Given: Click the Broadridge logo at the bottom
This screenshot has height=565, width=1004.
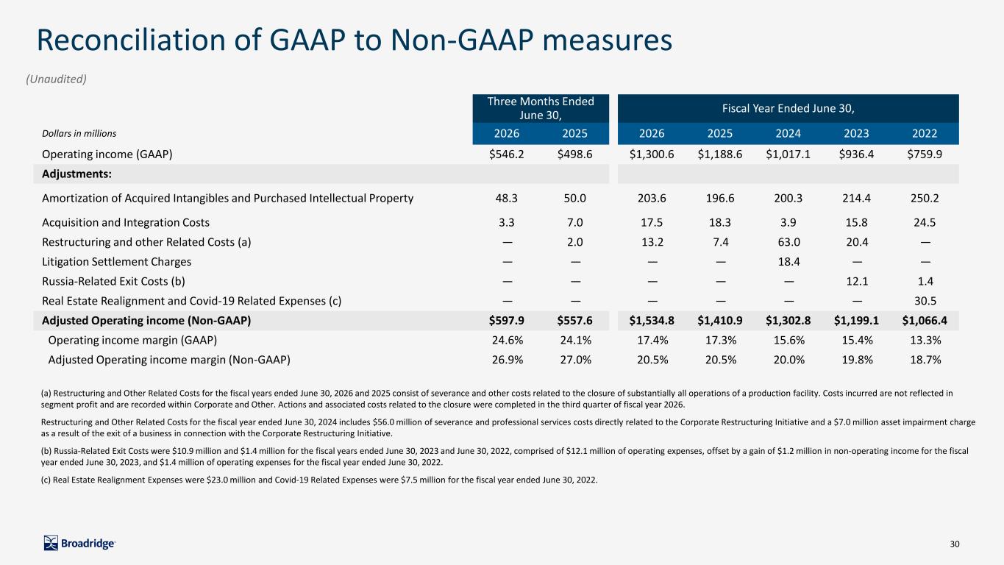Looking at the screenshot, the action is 79,543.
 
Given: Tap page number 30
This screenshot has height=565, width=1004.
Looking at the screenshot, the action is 955,544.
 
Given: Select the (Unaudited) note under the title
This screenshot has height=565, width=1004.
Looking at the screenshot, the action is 56,79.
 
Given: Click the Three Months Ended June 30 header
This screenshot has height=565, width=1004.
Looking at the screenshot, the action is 541,108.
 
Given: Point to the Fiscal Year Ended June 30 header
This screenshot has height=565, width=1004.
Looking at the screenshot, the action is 788,108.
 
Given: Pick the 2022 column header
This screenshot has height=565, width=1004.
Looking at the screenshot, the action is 925,133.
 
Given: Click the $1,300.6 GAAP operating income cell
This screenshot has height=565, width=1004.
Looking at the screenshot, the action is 651,154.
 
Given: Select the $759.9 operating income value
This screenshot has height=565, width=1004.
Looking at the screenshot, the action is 925,154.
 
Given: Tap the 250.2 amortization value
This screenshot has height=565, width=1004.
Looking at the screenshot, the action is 925,198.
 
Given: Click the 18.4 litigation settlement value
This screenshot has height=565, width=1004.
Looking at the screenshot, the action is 788,261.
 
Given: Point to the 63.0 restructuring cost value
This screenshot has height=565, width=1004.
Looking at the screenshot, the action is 788,242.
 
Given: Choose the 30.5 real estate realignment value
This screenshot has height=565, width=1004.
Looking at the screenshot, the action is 925,301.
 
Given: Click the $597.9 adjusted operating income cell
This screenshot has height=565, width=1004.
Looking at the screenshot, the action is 506,321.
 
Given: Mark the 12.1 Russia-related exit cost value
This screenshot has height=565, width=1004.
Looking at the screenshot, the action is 857,281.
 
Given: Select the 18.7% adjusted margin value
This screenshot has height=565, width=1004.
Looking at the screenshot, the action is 925,360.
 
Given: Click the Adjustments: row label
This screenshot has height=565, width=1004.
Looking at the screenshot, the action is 76,174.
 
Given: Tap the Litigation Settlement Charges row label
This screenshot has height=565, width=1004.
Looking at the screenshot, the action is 116,261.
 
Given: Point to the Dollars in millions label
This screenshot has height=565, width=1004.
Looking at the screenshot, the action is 79,133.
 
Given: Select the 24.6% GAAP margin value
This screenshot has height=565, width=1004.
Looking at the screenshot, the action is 508,341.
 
